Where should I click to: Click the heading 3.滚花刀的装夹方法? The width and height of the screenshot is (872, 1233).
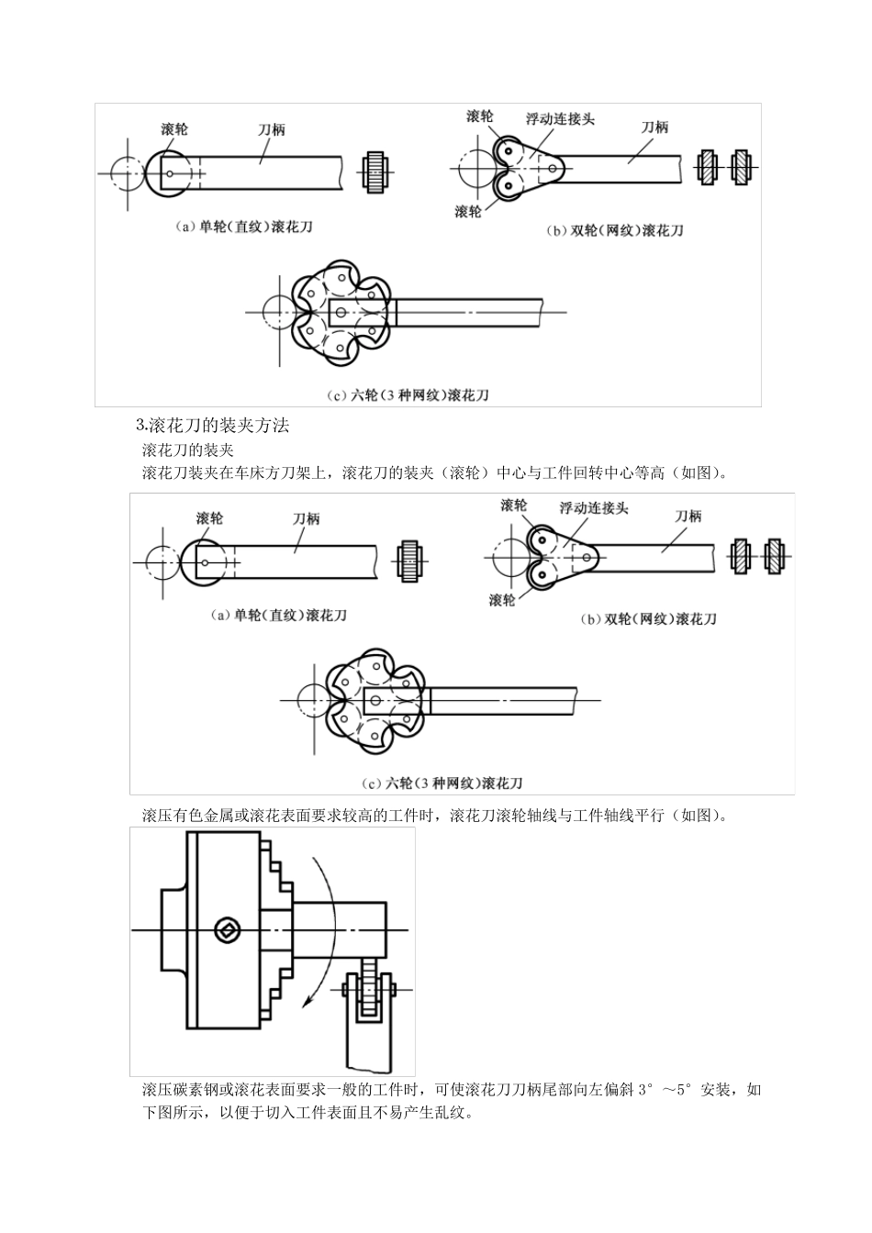tap(212, 426)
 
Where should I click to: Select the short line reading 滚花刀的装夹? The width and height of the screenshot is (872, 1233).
tap(188, 450)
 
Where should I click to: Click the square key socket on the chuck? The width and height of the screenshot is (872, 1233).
tap(227, 930)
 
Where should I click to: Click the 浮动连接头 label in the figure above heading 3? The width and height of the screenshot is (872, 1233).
tap(560, 118)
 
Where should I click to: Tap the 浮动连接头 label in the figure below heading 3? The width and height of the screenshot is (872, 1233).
tap(594, 507)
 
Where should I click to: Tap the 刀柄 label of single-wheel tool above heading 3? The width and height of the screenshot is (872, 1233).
tap(271, 129)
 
